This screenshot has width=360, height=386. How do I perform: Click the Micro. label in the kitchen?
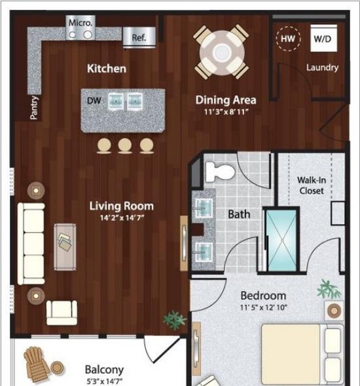81,23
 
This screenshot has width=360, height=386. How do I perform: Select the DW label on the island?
94,100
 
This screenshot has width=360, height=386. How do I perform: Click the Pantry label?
35,107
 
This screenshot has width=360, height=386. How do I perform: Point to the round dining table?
222,52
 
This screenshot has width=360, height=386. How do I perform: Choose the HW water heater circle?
288,39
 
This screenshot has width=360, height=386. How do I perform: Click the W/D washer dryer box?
323,38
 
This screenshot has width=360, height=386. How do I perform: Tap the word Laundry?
322,68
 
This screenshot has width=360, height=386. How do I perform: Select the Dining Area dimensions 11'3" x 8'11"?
226,112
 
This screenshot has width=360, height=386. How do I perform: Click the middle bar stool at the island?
124,145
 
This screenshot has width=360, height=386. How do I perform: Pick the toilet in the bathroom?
220,172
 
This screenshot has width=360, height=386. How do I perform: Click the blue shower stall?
282,241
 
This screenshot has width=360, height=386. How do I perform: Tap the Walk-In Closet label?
312,185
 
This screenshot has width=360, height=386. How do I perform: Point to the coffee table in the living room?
65,247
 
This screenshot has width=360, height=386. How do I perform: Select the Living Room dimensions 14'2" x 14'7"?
122,218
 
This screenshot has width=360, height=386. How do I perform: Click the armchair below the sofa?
62,313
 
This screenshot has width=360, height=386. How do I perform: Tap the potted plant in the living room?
174,320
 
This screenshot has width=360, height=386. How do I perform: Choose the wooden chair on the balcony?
35,364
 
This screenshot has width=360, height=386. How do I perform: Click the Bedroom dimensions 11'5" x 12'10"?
263,307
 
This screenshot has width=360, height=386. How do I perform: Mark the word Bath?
239,214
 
